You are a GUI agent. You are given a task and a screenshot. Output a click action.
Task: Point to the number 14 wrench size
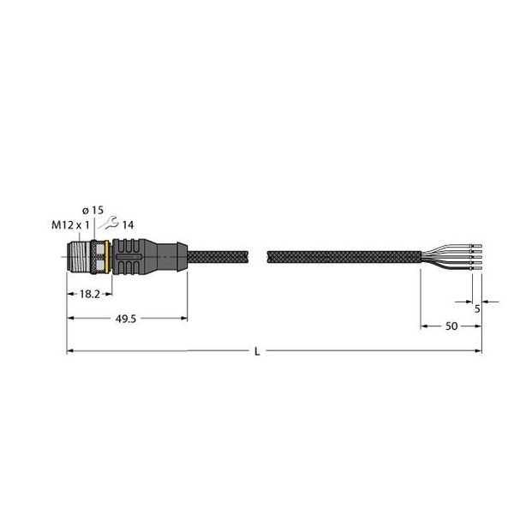(128, 225)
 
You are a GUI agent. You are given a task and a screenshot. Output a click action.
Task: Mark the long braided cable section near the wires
(343, 255)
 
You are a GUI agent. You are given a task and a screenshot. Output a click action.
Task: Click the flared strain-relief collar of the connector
(177, 254)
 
